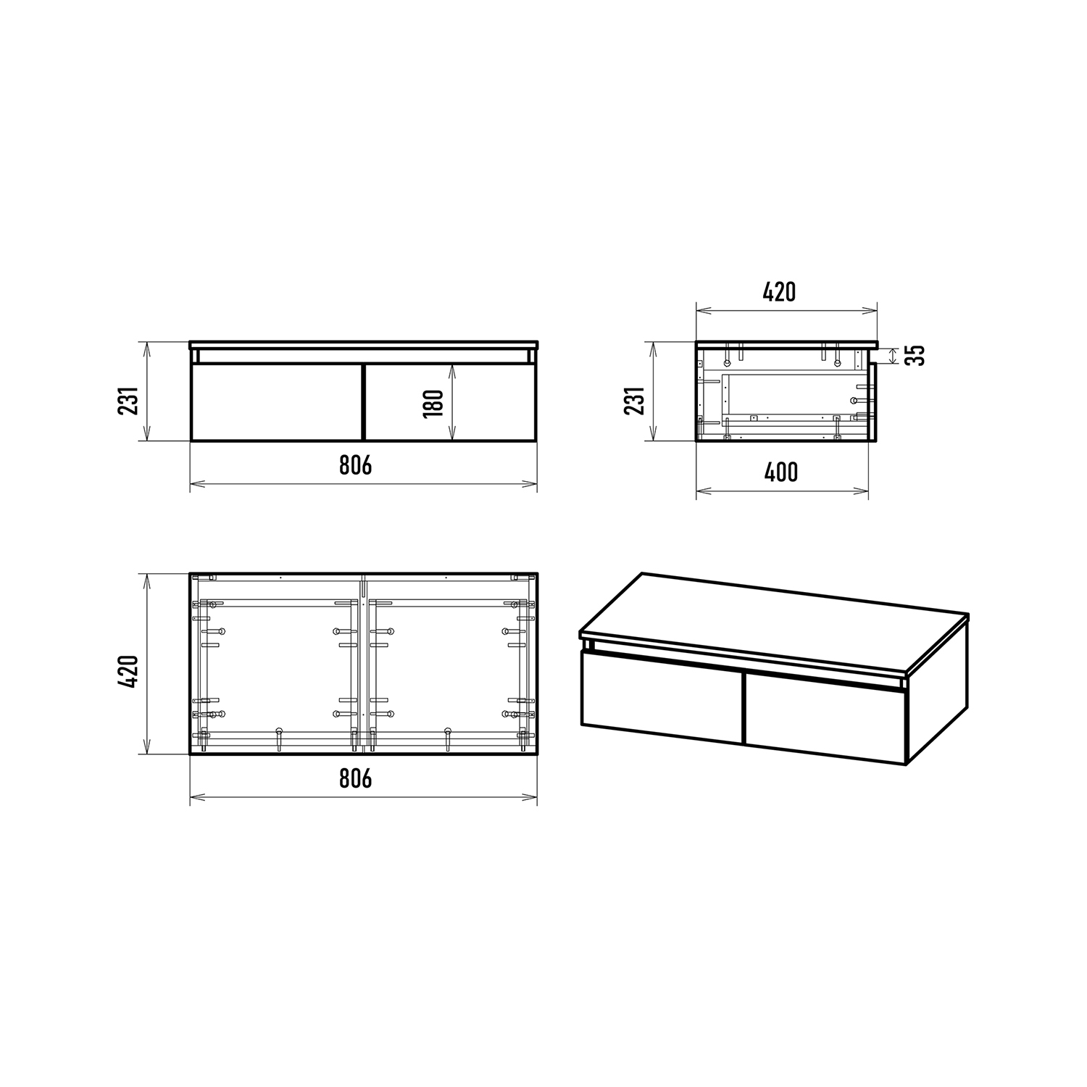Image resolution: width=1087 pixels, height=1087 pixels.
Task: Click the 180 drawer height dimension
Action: click(433, 403)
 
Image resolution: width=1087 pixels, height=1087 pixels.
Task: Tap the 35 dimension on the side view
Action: click(916, 355)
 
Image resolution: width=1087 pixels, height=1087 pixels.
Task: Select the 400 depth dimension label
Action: click(781, 472)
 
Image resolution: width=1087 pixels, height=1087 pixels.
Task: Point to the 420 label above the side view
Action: click(779, 292)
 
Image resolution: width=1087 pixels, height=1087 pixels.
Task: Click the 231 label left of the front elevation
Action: click(128, 401)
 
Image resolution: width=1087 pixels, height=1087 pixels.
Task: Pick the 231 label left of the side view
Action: click(635, 401)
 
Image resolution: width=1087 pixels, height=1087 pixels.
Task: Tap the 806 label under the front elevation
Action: click(355, 465)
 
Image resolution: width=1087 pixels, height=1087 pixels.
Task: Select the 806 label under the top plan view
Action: click(355, 778)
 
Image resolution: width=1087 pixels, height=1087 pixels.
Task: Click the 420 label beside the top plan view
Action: click(128, 672)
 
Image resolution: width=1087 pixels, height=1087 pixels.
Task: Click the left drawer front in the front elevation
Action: click(276, 401)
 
